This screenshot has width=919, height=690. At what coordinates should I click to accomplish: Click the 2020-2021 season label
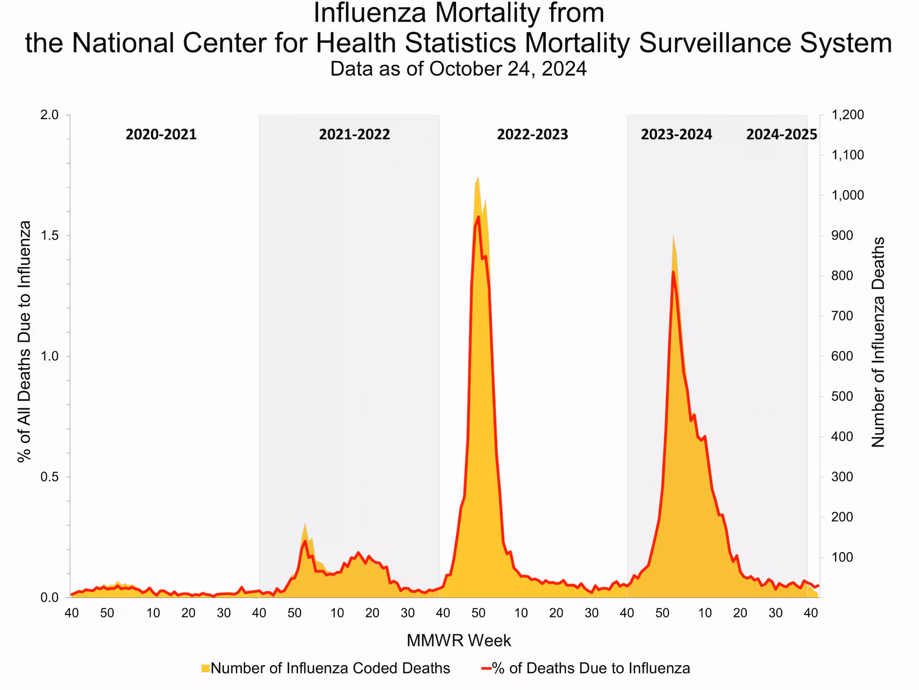click(161, 134)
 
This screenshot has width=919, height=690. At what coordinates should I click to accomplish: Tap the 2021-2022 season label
click(354, 134)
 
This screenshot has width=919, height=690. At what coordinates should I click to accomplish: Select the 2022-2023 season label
click(532, 134)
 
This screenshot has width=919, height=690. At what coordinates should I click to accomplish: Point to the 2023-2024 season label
click(676, 134)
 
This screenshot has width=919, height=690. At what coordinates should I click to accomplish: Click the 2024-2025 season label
click(781, 134)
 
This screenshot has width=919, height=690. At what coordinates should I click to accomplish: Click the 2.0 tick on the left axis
click(50, 115)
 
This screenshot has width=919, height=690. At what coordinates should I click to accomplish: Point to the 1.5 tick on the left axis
click(50, 236)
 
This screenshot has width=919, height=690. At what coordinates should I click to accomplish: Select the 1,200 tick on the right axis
click(848, 115)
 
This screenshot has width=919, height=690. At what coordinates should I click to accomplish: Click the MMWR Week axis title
click(459, 641)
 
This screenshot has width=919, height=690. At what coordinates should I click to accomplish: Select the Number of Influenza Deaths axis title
click(878, 342)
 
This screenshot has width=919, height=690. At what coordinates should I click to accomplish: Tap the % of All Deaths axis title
click(25, 341)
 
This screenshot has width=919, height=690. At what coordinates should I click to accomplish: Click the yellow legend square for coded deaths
click(206, 668)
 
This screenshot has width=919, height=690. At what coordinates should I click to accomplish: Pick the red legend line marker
click(486, 668)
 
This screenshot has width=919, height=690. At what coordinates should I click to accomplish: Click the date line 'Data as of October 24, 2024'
click(459, 69)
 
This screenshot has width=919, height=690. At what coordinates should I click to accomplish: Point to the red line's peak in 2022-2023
click(478, 217)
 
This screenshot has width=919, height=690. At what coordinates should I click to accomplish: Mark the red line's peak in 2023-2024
click(673, 272)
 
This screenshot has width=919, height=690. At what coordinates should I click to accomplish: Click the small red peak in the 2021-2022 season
click(305, 541)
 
